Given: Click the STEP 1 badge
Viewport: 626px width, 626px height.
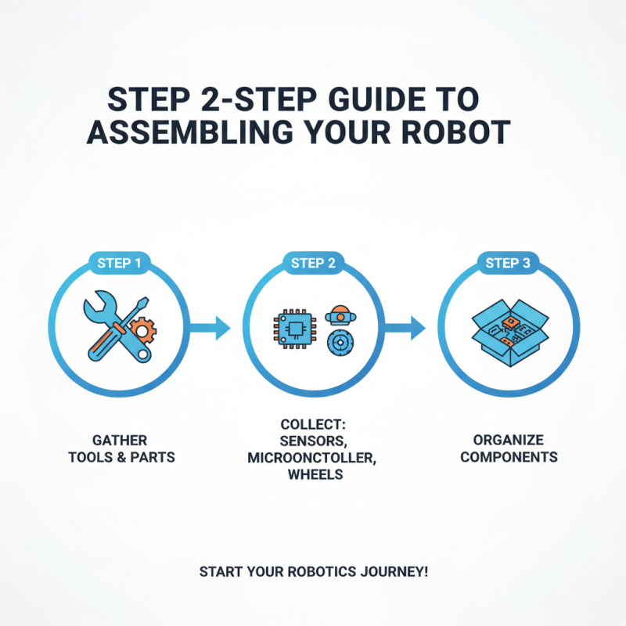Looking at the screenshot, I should pyautogui.click(x=119, y=263).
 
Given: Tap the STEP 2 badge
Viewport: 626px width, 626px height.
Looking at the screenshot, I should pyautogui.click(x=313, y=263).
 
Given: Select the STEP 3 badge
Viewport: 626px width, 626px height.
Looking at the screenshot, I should pyautogui.click(x=508, y=263).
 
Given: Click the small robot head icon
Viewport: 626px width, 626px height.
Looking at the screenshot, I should pyautogui.click(x=339, y=313).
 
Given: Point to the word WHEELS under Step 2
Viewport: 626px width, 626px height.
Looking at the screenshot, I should pyautogui.click(x=313, y=473).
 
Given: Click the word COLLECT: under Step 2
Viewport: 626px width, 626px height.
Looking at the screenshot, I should pyautogui.click(x=313, y=423).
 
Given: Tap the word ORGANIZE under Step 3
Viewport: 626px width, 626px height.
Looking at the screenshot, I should pyautogui.click(x=508, y=440).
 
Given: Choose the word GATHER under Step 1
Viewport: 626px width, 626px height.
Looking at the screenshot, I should pyautogui.click(x=119, y=440).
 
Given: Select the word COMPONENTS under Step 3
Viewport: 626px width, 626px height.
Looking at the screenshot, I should pyautogui.click(x=508, y=456).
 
